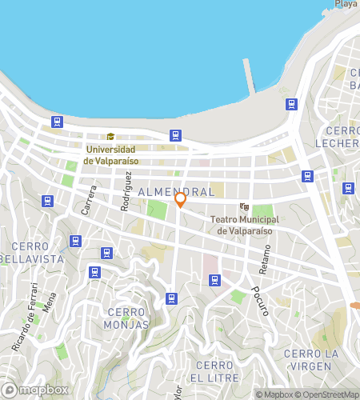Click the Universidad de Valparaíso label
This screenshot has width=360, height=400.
113,154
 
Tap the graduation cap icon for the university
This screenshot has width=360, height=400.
111,137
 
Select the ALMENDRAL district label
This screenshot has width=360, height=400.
176,193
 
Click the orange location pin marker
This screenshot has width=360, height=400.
181,199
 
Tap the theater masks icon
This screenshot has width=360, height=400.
244,206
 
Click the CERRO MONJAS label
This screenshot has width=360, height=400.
126,318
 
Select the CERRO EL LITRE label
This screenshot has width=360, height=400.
213,370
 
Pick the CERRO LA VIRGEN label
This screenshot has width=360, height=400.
311,359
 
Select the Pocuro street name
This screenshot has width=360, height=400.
258,301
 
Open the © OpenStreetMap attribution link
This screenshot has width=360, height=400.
328,394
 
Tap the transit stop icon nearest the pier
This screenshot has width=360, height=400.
292,103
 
